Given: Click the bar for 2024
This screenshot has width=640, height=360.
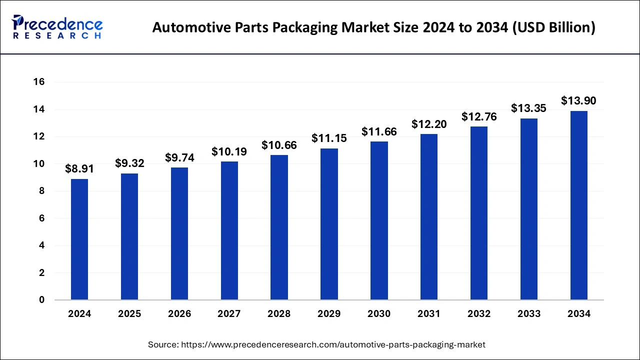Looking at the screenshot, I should coord(79,239).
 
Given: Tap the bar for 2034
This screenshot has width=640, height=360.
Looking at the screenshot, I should coord(579,205).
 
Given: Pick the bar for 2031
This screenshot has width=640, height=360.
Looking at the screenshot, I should coord(429,217).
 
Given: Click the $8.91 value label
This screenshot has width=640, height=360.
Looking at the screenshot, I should coord(79,169).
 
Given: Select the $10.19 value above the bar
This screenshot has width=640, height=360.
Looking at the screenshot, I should coord(229,151).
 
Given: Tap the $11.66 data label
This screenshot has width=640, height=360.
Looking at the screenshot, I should coord(379,132).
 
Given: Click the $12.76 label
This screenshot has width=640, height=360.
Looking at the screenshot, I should coord(478,117).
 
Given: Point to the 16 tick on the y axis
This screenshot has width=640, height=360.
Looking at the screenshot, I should coord(39,82).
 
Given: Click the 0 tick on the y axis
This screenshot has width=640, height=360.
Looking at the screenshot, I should coord(41,300).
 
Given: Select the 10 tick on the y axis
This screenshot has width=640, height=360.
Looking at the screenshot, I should coord(39,164).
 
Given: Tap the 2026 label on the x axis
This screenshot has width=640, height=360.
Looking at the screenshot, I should coord(179,314).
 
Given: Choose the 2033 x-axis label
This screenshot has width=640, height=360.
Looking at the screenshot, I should coord(529,314).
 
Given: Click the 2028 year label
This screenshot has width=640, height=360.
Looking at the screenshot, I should coord(279,314).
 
